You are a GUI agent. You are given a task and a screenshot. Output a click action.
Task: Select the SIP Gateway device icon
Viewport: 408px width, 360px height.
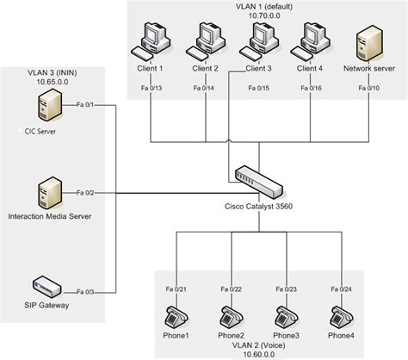point(47,285)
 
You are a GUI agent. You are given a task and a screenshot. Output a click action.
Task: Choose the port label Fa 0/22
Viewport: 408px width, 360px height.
point(232,289)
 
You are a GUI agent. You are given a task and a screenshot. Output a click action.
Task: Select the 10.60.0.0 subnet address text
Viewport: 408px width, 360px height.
point(257,353)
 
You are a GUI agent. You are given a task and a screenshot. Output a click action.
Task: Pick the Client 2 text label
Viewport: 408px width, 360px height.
point(206,68)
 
